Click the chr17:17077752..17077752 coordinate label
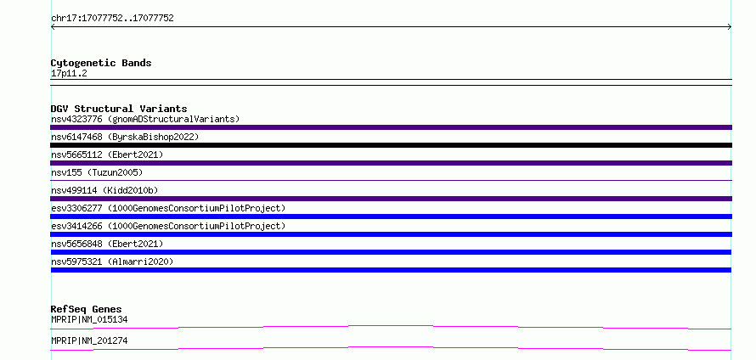tap(112, 19)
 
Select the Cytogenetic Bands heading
tap(101, 63)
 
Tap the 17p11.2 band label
tap(69, 74)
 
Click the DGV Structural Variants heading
tap(119, 109)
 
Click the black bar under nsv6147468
tap(391, 145)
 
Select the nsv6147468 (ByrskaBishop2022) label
tap(125, 137)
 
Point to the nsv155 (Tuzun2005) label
tap(97, 172)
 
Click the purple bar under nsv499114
tap(391, 199)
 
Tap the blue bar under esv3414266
tap(391, 234)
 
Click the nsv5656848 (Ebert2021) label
tap(107, 244)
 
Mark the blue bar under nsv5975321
tap(391, 270)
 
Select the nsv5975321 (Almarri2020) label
tap(112, 262)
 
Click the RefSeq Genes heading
tap(86, 309)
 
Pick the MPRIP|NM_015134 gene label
tap(89, 319)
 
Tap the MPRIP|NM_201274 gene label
tap(89, 340)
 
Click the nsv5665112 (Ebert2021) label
tap(107, 155)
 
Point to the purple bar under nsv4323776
tap(391, 127)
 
